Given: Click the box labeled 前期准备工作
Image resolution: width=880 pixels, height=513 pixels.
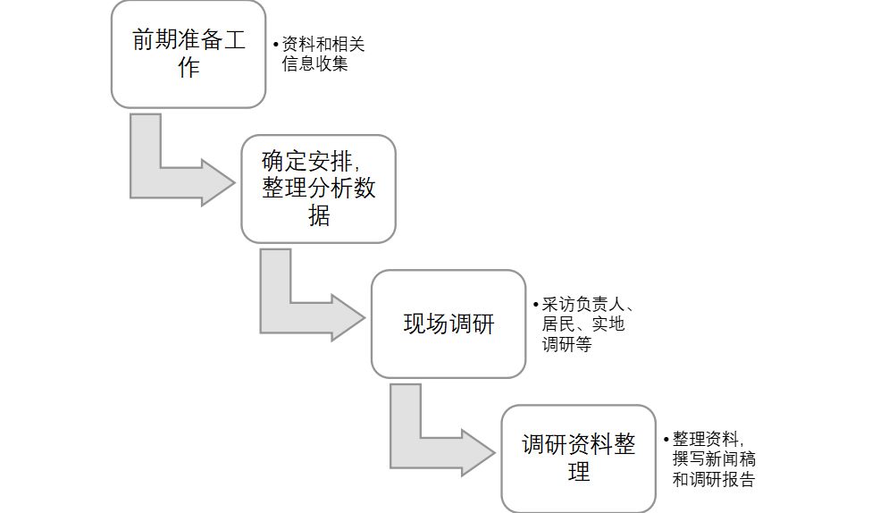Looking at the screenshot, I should pyautogui.click(x=189, y=54).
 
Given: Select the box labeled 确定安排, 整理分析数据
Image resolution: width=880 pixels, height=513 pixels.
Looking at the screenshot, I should pyautogui.click(x=318, y=189).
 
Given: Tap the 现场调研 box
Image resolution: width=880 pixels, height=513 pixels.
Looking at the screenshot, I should pyautogui.click(x=448, y=324).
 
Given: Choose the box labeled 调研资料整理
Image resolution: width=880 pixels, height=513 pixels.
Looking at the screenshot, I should pyautogui.click(x=579, y=458).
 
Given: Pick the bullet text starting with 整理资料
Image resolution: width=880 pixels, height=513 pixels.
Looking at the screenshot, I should pyautogui.click(x=713, y=458).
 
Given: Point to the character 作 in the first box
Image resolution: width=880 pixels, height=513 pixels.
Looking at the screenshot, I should pyautogui.click(x=189, y=68).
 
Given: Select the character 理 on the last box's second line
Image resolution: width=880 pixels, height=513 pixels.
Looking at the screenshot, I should pyautogui.click(x=579, y=472).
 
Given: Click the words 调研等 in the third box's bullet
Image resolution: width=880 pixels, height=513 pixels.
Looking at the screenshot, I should pyautogui.click(x=566, y=344).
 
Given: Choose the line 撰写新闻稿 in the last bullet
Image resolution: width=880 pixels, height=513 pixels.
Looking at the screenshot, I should pyautogui.click(x=713, y=459).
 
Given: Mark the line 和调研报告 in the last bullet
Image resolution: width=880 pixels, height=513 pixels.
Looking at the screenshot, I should pyautogui.click(x=713, y=479).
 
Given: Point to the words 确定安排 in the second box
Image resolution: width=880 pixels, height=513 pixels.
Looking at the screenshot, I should pyautogui.click(x=308, y=161).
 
